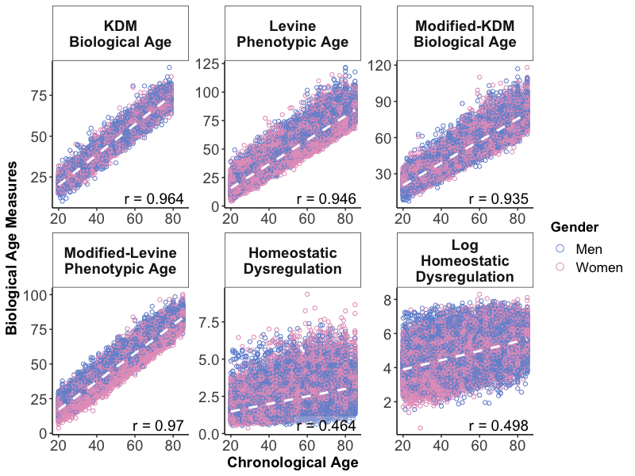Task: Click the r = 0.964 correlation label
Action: click(155, 198)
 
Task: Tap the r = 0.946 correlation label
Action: click(326, 198)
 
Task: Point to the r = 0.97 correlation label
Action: click(159, 426)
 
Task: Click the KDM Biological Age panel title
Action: click(121, 33)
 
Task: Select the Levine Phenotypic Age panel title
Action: click(292, 33)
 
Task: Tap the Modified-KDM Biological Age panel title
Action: click(464, 33)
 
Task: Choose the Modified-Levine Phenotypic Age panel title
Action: click(121, 261)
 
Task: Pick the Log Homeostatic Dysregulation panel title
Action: click(464, 261)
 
